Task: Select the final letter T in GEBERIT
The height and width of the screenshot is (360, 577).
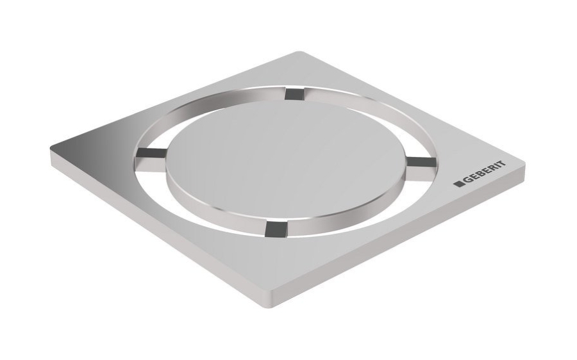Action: point(502,165)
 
